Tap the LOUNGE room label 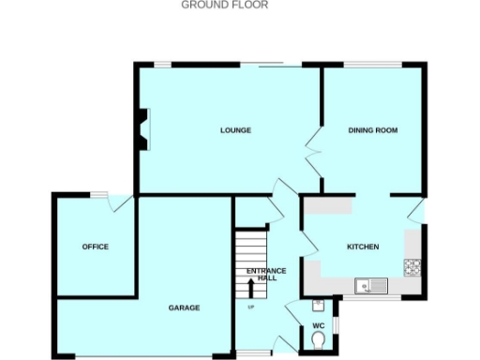click(x=235, y=130)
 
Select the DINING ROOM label click(x=374, y=130)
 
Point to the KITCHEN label click(x=363, y=247)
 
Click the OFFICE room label click(x=96, y=247)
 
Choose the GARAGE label click(x=184, y=307)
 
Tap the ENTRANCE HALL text click(x=262, y=275)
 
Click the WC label click(x=318, y=325)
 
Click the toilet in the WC click(x=319, y=339)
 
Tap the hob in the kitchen click(x=412, y=266)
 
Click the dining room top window click(x=376, y=64)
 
